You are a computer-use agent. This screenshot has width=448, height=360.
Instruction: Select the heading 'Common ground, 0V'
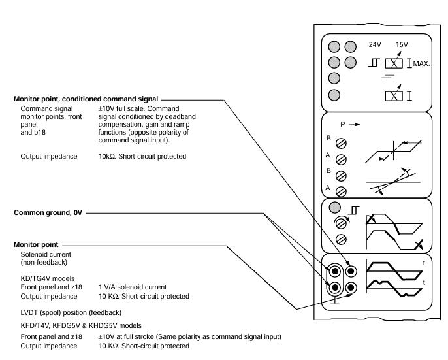(48, 213)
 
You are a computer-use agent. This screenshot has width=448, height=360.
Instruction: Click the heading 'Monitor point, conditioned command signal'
(86, 98)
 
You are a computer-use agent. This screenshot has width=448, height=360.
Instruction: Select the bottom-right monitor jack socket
(351, 287)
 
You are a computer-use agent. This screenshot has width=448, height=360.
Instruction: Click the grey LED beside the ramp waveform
(335, 209)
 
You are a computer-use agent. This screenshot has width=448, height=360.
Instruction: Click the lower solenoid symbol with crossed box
(393, 95)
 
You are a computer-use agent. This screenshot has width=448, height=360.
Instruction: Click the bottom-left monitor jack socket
(335, 287)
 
